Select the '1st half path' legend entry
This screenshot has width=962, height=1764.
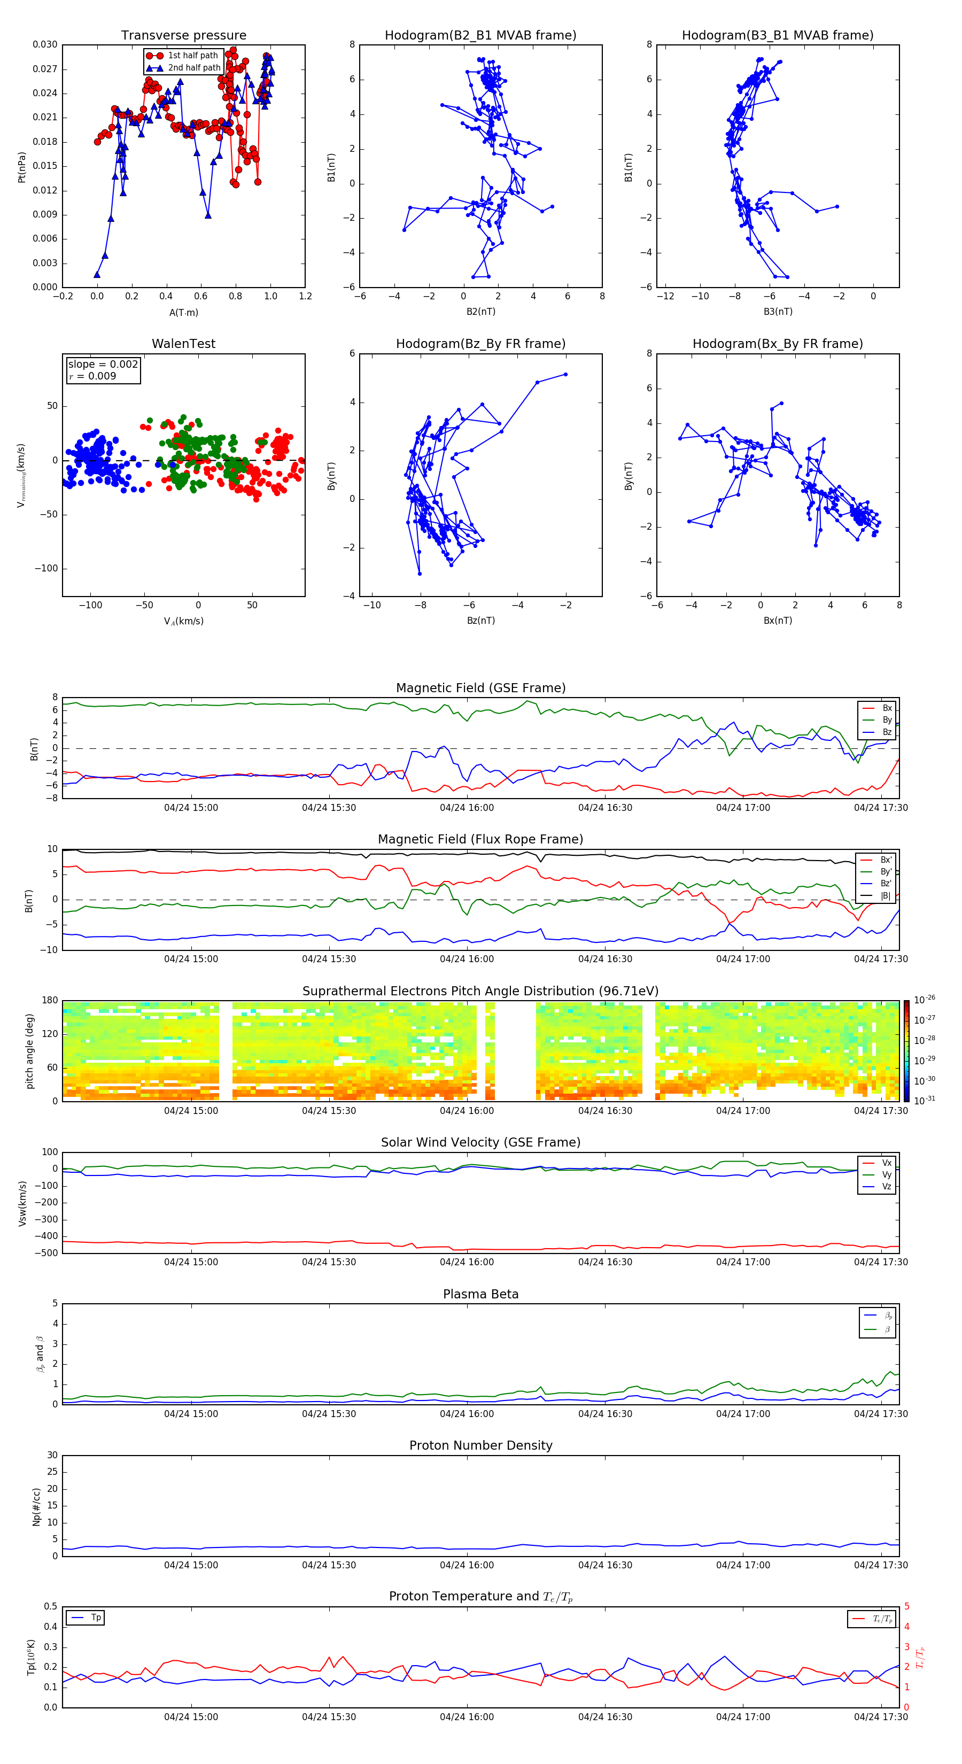coord(192,56)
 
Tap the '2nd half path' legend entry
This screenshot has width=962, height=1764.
coord(194,68)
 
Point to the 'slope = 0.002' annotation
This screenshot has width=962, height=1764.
coord(103,365)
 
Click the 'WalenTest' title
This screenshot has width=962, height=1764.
coord(183,344)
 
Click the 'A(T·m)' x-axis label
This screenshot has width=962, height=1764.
coord(183,312)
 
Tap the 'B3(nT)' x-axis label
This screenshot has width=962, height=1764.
coord(778,312)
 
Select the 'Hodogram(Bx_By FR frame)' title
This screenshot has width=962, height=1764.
coord(777,344)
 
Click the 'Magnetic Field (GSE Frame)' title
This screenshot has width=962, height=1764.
coord(480,688)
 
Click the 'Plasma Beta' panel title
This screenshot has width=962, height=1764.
coord(480,1294)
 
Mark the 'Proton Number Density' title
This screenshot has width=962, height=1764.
coord(480,1445)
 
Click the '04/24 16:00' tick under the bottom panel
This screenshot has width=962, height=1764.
coord(467,1717)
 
